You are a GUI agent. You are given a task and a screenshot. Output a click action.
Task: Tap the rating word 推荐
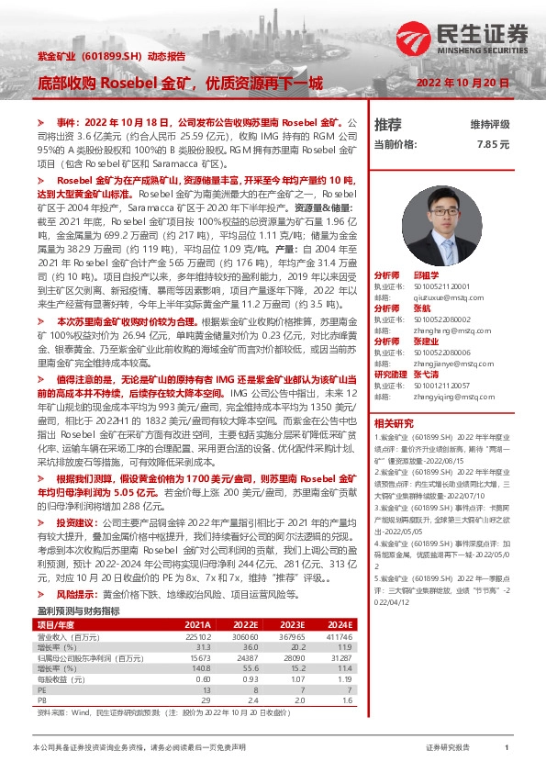pyautogui.click(x=388, y=124)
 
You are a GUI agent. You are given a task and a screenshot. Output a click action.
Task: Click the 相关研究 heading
pyautogui.click(x=393, y=423)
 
